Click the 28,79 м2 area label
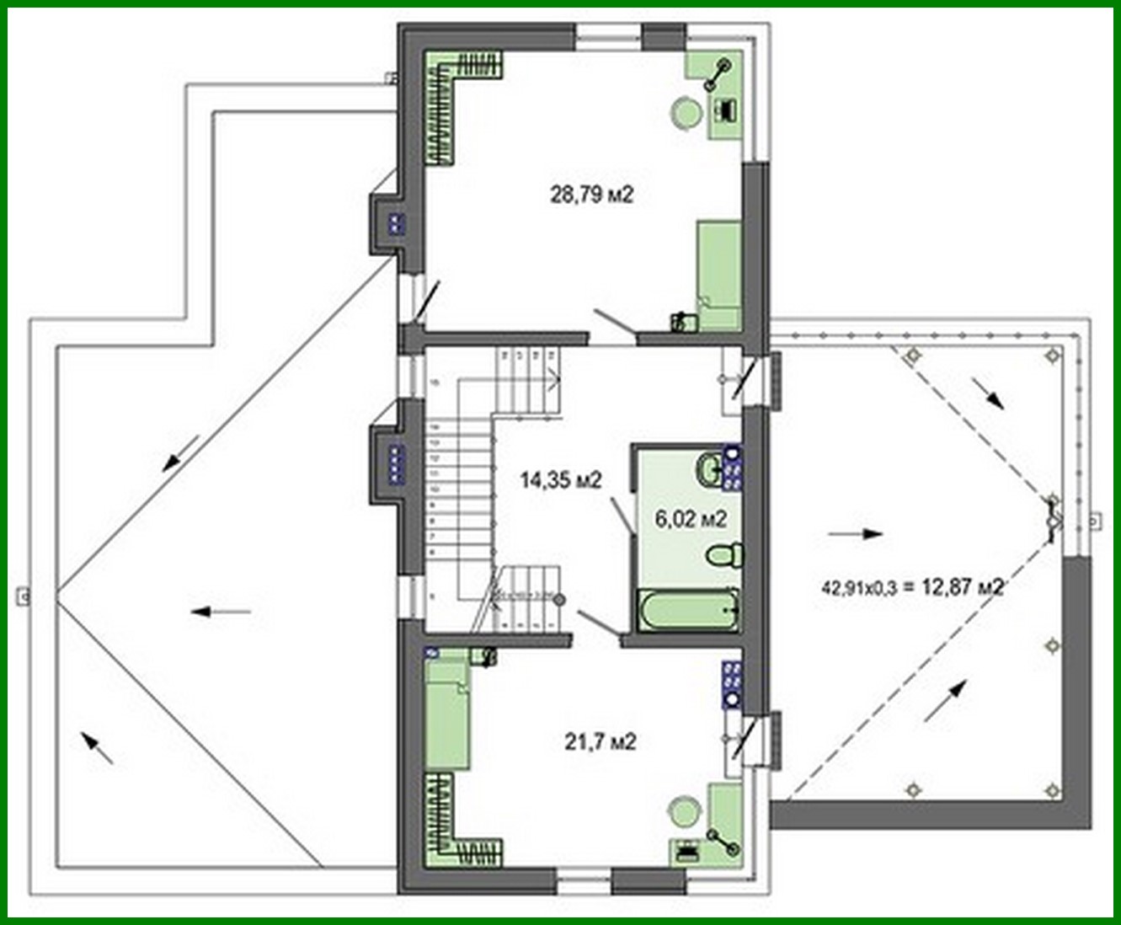[x=591, y=195]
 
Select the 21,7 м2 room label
[x=600, y=741]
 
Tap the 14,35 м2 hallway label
[x=560, y=481]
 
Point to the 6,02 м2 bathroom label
[x=691, y=519]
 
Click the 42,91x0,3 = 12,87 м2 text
[x=912, y=587]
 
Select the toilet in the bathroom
[x=723, y=555]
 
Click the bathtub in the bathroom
[x=688, y=610]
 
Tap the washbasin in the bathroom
[x=709, y=468]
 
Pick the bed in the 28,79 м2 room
[x=718, y=275]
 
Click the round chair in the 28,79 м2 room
[x=686, y=113]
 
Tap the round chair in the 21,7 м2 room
[x=683, y=814]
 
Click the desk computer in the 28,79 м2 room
[x=725, y=109]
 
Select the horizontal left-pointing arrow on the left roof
[x=221, y=612]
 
